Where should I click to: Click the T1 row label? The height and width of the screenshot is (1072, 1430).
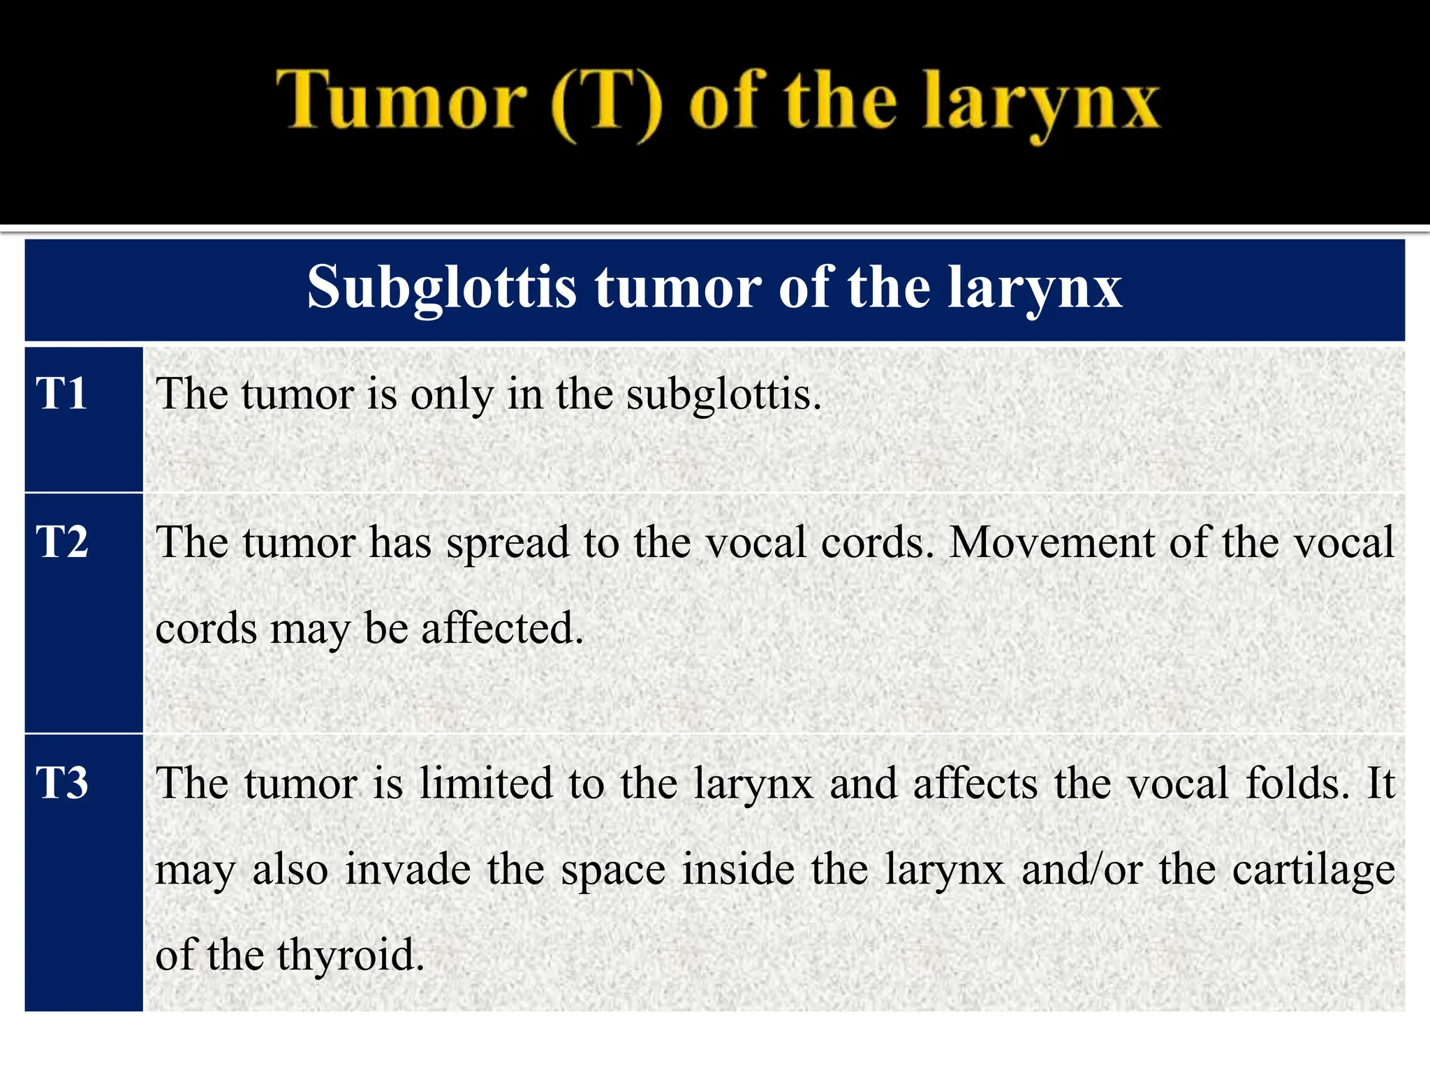click(61, 394)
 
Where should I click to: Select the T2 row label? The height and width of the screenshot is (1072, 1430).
click(62, 542)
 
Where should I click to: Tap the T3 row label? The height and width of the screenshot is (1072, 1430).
click(62, 783)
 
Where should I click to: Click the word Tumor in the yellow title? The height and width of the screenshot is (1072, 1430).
click(401, 101)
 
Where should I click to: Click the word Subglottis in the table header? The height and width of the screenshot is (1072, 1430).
click(442, 288)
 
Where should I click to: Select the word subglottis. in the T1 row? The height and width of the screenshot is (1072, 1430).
click(724, 395)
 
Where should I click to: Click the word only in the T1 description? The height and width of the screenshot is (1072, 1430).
click(451, 395)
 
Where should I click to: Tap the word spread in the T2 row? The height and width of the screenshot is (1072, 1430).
click(508, 542)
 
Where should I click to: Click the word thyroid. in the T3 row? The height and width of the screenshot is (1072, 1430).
click(351, 955)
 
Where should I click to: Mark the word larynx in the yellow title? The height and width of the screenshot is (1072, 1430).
click(1040, 105)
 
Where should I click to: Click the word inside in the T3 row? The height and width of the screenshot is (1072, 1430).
click(738, 870)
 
